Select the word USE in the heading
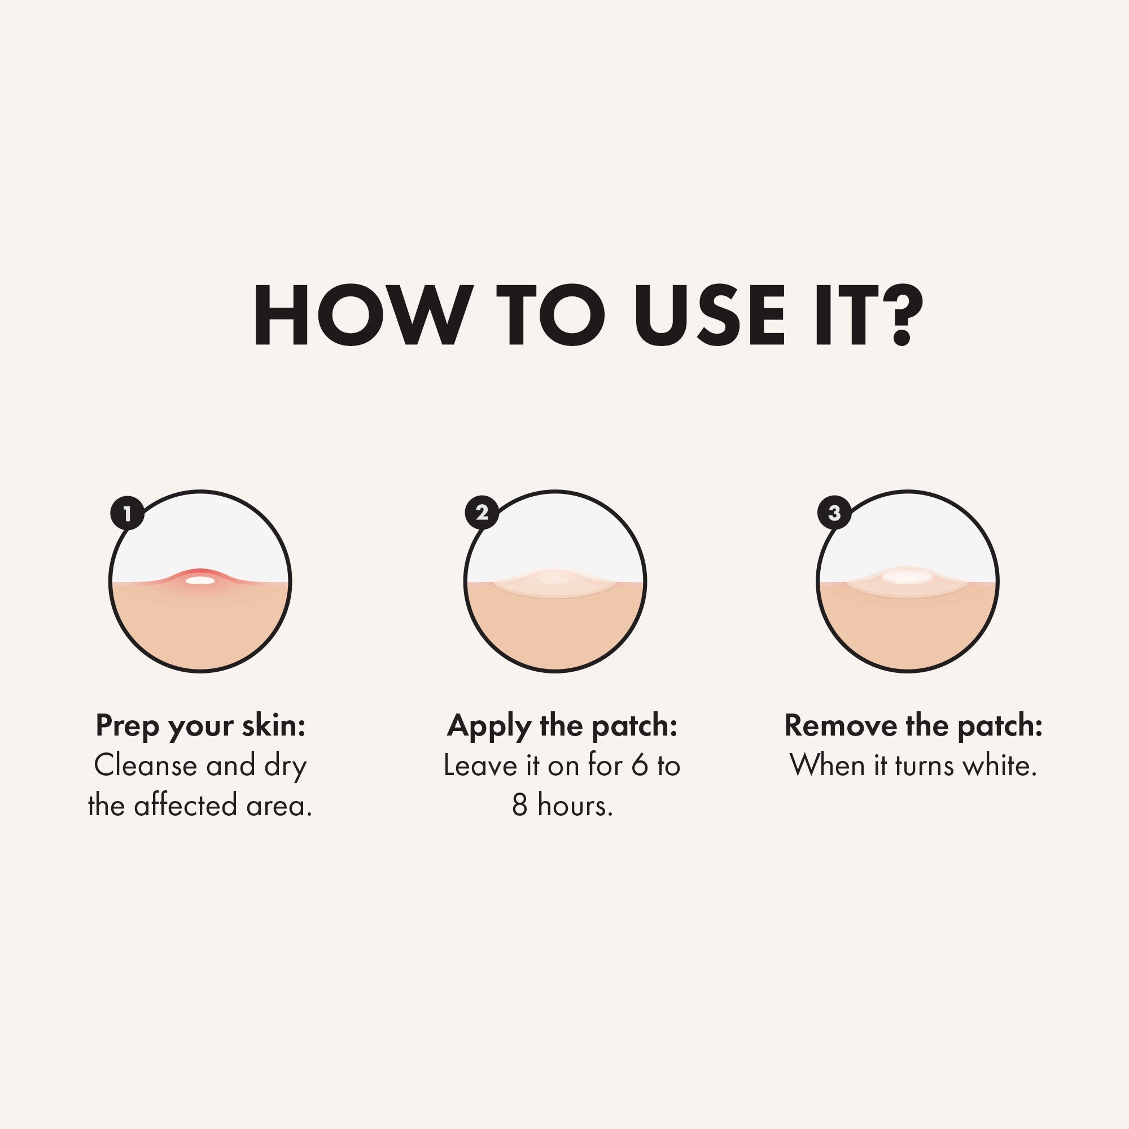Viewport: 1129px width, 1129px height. (x=710, y=315)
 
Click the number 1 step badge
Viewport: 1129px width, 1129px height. (x=128, y=513)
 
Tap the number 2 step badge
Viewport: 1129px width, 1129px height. (x=482, y=513)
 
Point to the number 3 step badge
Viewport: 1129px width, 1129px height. (x=834, y=513)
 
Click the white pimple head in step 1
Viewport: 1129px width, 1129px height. (x=200, y=580)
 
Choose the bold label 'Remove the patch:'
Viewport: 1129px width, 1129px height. (x=913, y=725)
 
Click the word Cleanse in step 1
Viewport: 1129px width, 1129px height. (x=146, y=765)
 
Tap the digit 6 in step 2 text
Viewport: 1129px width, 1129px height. (x=640, y=765)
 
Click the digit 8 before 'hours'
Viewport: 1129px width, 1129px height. (x=520, y=806)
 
